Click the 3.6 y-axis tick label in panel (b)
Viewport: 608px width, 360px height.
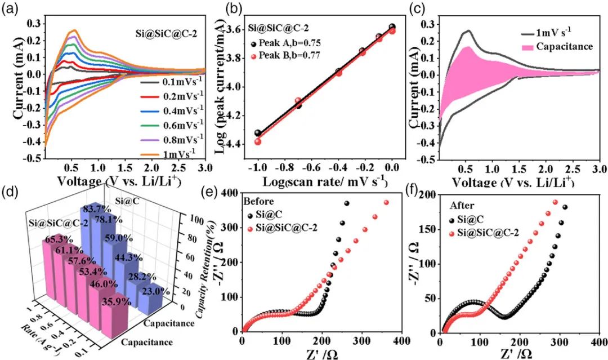(x=235, y=30)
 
